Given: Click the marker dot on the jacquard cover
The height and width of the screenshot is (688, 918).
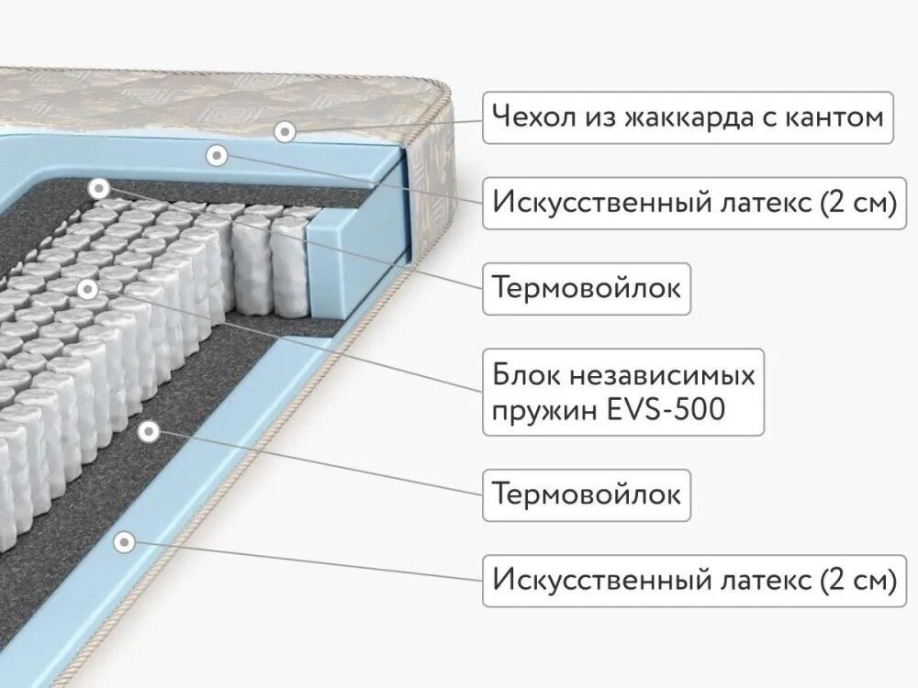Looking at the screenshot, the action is coord(285,131).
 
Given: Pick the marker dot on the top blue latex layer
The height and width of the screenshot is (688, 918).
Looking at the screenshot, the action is coord(218,156).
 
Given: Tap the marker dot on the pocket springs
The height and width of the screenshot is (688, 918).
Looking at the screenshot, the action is coord(88,289).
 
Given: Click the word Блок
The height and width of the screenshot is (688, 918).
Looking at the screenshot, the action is coord(526,375).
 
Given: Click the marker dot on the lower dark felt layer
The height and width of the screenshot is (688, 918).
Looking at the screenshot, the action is coord(149,432).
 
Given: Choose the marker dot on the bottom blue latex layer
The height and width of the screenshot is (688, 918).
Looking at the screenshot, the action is coord(124,542).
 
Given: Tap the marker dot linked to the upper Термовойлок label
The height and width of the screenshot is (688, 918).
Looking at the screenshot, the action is coord(98,188).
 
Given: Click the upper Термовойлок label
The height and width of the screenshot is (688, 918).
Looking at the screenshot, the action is coord(587,288).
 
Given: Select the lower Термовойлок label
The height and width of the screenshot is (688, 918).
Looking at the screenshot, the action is coord(587,495).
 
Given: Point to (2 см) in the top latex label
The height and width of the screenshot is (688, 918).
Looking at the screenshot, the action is coord(858,203).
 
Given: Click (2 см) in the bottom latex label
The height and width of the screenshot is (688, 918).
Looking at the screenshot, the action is coord(858,581).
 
